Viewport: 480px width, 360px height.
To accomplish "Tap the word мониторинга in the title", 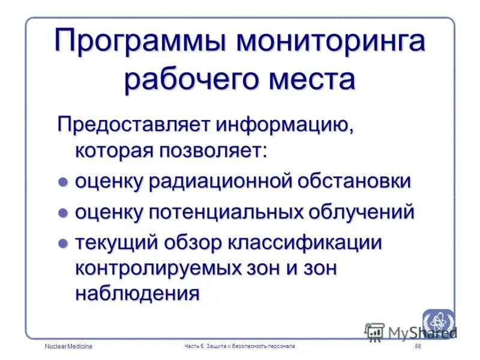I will [331, 44].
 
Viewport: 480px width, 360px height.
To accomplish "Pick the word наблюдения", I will [137, 293].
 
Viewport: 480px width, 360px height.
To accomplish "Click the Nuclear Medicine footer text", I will [68, 347].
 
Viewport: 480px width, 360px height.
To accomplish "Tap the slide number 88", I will [418, 347].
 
